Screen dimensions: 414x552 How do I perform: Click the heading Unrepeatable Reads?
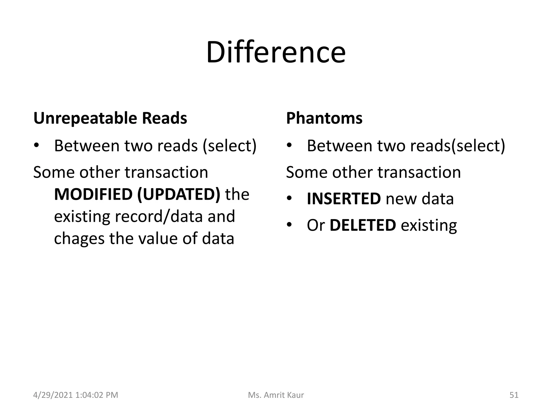pos(110,118)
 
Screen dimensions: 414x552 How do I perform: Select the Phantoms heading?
pos(324,118)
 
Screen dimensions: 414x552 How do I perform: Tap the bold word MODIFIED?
pos(93,194)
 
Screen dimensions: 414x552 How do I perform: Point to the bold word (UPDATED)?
pos(179,194)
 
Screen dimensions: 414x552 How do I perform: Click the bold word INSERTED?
pos(344,199)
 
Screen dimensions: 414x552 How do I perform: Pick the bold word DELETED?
pos(363,225)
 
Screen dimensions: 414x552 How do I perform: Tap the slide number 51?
pos(514,395)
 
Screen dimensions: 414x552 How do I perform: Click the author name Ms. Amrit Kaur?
pos(276,395)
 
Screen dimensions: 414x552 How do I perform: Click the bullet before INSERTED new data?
pos(289,199)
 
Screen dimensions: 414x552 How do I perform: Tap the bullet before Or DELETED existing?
pos(289,225)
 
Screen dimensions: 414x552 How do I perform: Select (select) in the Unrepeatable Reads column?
pos(229,146)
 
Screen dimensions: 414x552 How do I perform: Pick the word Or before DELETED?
pos(316,226)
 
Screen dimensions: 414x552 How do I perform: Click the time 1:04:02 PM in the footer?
pos(97,395)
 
